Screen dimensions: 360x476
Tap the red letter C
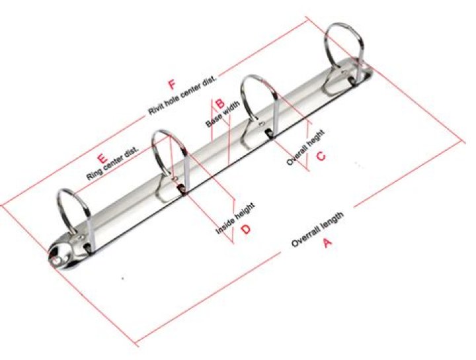click(x=321, y=156)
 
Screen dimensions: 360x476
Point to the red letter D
click(x=245, y=230)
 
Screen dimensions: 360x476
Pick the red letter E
click(x=102, y=158)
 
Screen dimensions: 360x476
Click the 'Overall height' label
click(x=305, y=147)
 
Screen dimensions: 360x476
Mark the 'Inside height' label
click(x=235, y=219)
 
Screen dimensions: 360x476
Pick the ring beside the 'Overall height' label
click(x=258, y=99)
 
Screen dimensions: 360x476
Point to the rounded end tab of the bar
click(x=63, y=253)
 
